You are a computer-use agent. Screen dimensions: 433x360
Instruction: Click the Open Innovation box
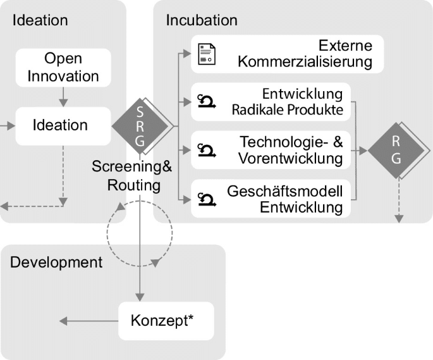tap(63, 68)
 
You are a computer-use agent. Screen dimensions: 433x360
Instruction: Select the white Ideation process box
tap(63, 126)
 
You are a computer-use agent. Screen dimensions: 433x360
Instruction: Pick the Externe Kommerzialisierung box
tap(287, 54)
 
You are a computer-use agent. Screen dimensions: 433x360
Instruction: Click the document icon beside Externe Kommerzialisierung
tap(207, 54)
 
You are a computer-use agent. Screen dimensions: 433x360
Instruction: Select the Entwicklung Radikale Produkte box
tap(271, 102)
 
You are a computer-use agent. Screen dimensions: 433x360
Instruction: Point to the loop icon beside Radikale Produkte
tap(207, 101)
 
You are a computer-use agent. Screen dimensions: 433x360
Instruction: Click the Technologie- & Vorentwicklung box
tap(271, 150)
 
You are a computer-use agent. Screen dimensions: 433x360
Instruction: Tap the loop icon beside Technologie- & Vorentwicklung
tap(207, 151)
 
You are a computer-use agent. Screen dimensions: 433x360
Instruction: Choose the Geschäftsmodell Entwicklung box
tap(271, 199)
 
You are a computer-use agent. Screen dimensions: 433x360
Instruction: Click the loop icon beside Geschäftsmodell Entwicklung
tap(207, 199)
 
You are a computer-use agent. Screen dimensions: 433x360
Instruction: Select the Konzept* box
tap(166, 321)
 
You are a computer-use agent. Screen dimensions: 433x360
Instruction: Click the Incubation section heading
tap(202, 20)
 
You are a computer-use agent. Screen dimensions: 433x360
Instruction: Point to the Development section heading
tap(56, 262)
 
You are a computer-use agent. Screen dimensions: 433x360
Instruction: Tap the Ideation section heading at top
tap(40, 20)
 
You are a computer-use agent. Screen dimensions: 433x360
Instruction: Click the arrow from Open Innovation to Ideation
tap(63, 97)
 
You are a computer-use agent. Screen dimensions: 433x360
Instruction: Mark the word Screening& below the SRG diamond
tap(131, 166)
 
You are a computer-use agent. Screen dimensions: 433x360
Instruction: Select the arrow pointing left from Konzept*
tap(89, 321)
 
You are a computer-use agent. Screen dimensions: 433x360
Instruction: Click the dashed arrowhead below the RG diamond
tap(399, 218)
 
